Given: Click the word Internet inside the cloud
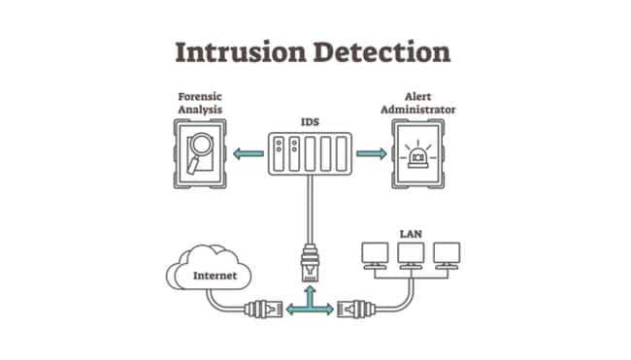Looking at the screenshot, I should click(x=210, y=277).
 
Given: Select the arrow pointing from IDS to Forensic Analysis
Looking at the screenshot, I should click(x=249, y=152).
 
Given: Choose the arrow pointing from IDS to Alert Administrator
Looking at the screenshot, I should click(x=371, y=152).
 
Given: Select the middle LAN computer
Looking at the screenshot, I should click(x=411, y=254).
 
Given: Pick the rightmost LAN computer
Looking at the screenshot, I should click(x=447, y=254).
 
